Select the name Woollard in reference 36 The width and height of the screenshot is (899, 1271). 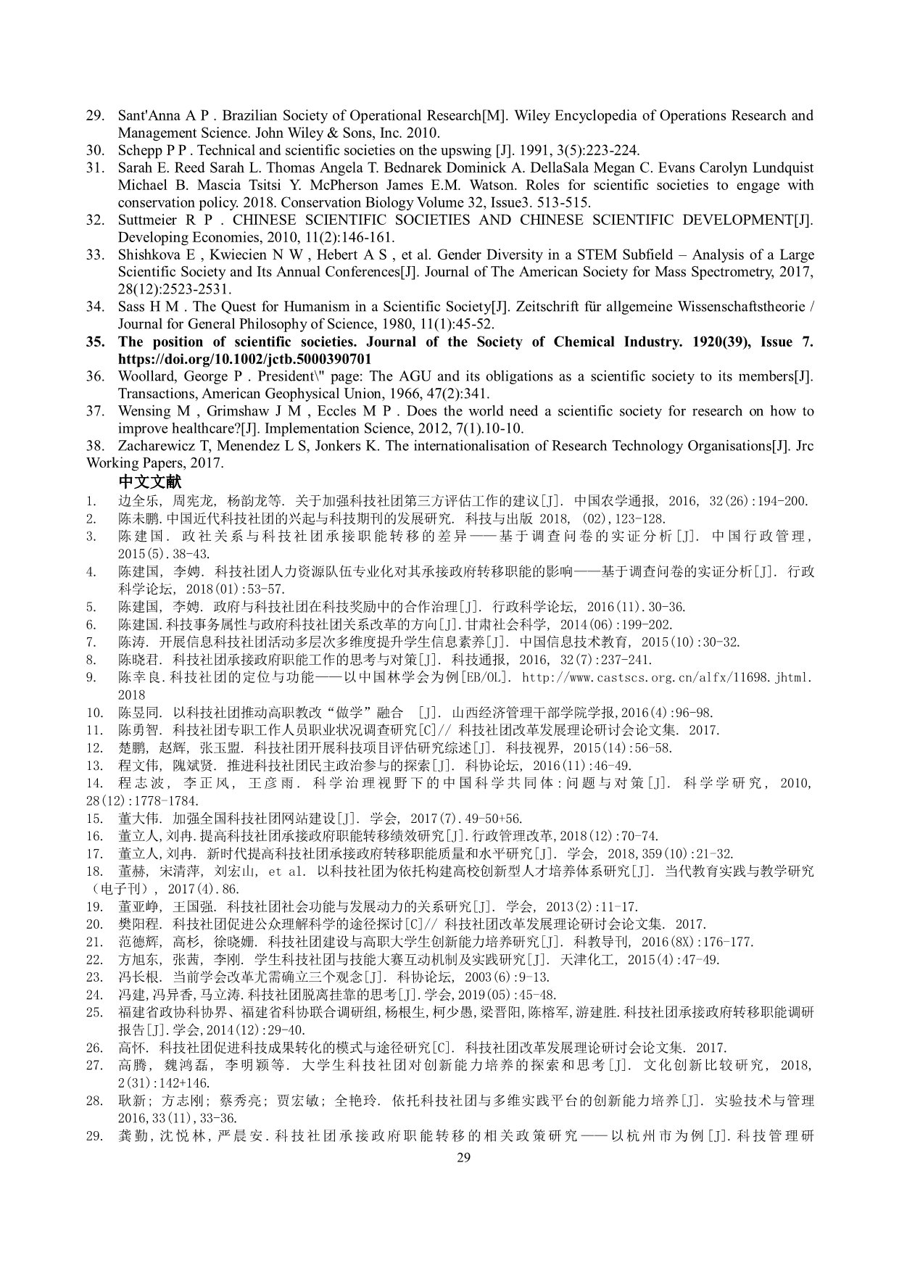145,376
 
